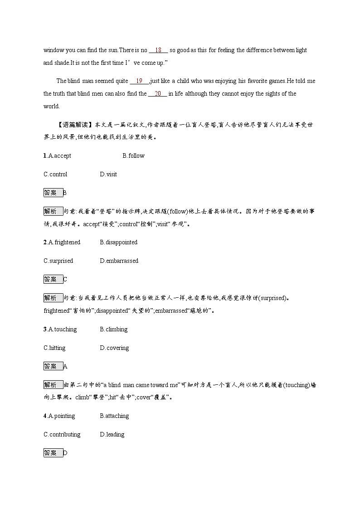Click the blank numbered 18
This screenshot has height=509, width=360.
click(158, 50)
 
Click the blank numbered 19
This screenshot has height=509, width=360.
click(139, 81)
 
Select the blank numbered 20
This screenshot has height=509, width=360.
click(158, 94)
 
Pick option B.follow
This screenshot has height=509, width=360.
click(133, 156)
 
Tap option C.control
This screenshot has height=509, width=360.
click(55, 175)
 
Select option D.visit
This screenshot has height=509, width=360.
click(108, 175)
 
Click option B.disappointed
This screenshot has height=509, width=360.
click(118, 242)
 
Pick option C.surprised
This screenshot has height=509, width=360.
click(58, 261)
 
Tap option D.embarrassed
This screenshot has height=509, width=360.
click(119, 261)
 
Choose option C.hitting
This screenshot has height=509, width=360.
click(54, 348)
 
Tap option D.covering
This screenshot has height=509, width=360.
click(114, 348)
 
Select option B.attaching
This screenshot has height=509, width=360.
click(114, 416)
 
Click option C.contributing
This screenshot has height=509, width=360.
click(62, 435)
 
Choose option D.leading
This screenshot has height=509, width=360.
click(112, 435)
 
